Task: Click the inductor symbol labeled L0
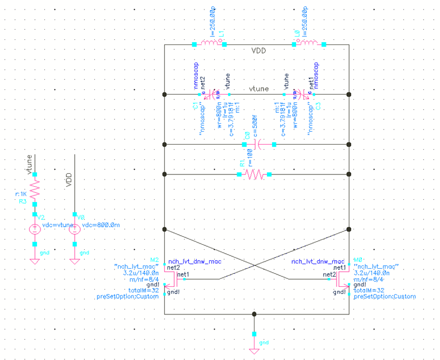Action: click(311, 44)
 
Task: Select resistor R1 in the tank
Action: click(254, 175)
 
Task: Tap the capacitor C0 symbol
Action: click(259, 145)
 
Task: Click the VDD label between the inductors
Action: click(259, 51)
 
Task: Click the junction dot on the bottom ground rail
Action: click(254, 313)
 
